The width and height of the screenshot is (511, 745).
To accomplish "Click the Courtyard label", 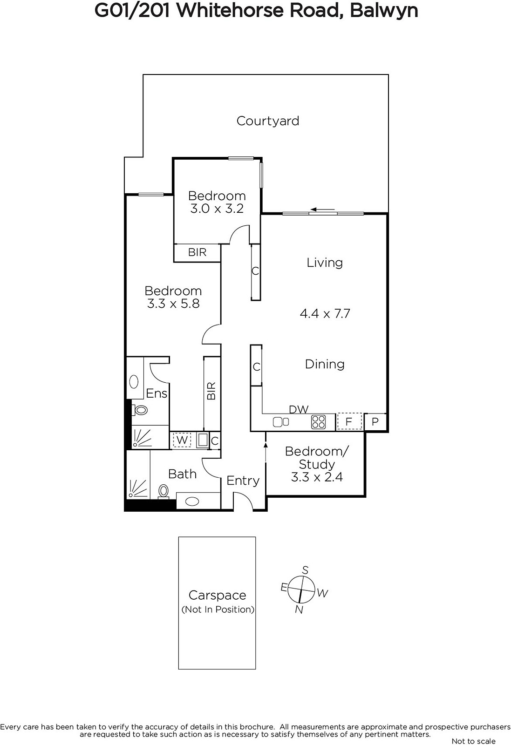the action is pos(268,121).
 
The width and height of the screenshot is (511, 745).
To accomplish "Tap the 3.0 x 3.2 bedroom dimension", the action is pos(217,209).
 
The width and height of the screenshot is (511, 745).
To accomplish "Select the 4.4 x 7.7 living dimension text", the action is pos(325,314).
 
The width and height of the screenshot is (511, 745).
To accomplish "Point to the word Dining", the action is pos(325,364).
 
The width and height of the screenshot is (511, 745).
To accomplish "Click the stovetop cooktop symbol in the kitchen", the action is pos(318,422).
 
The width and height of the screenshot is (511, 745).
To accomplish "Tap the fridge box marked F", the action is pos(349,422).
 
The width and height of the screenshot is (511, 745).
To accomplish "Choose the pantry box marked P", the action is pos(375,422).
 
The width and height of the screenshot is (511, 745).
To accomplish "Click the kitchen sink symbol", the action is pos(280,422).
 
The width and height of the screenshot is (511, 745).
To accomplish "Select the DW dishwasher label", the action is pos(299,409).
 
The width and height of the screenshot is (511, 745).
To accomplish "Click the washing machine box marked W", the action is pos(182,440).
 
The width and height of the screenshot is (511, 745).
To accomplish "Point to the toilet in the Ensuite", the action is pos(140,410).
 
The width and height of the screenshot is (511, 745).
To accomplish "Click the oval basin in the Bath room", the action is pos(192,501).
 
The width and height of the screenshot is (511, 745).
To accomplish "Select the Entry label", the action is pos(243,481).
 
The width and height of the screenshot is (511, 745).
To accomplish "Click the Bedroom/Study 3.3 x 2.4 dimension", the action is pos(317,477).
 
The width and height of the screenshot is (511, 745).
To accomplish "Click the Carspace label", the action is pos(217,595).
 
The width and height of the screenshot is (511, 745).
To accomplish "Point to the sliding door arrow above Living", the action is pos(322,210).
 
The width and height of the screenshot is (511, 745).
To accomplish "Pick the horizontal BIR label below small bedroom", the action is pos(198,252).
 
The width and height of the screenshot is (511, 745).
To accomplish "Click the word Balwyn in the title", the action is pos(384,11).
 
